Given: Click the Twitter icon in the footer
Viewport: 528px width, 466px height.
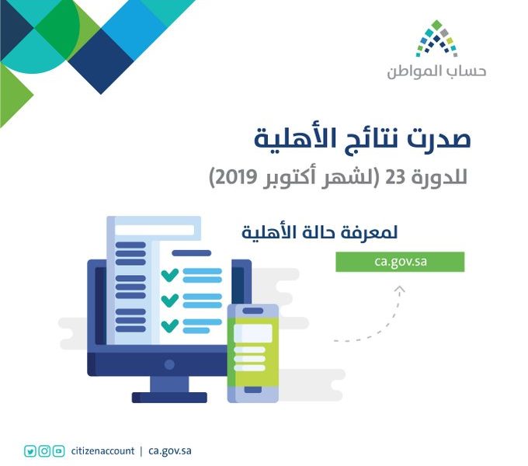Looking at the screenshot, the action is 30,450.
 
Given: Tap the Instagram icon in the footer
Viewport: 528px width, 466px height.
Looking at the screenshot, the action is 44,450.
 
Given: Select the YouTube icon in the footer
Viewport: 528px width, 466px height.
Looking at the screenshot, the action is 58,450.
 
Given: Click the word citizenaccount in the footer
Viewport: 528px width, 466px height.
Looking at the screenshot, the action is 102,450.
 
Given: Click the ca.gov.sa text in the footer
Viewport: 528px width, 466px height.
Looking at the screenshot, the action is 170,451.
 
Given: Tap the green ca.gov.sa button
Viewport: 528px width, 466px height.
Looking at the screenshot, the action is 400,262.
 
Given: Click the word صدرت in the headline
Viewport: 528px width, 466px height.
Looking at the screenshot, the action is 439,139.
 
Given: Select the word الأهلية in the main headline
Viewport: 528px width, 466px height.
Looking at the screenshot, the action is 288,137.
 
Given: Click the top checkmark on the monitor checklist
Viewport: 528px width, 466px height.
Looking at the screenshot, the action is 170,274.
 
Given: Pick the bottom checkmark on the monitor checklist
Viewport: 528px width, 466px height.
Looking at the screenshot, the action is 170,325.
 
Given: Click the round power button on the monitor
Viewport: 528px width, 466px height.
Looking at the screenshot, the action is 169,364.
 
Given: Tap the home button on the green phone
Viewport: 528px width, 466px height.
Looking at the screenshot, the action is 253,390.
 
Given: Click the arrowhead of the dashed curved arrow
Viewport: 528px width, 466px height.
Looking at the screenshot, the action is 400,289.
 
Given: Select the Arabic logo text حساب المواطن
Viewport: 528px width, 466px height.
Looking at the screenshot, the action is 436,71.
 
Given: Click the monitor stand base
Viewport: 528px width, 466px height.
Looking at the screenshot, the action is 169,398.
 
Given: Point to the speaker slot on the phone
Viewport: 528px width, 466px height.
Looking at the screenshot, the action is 253,311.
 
